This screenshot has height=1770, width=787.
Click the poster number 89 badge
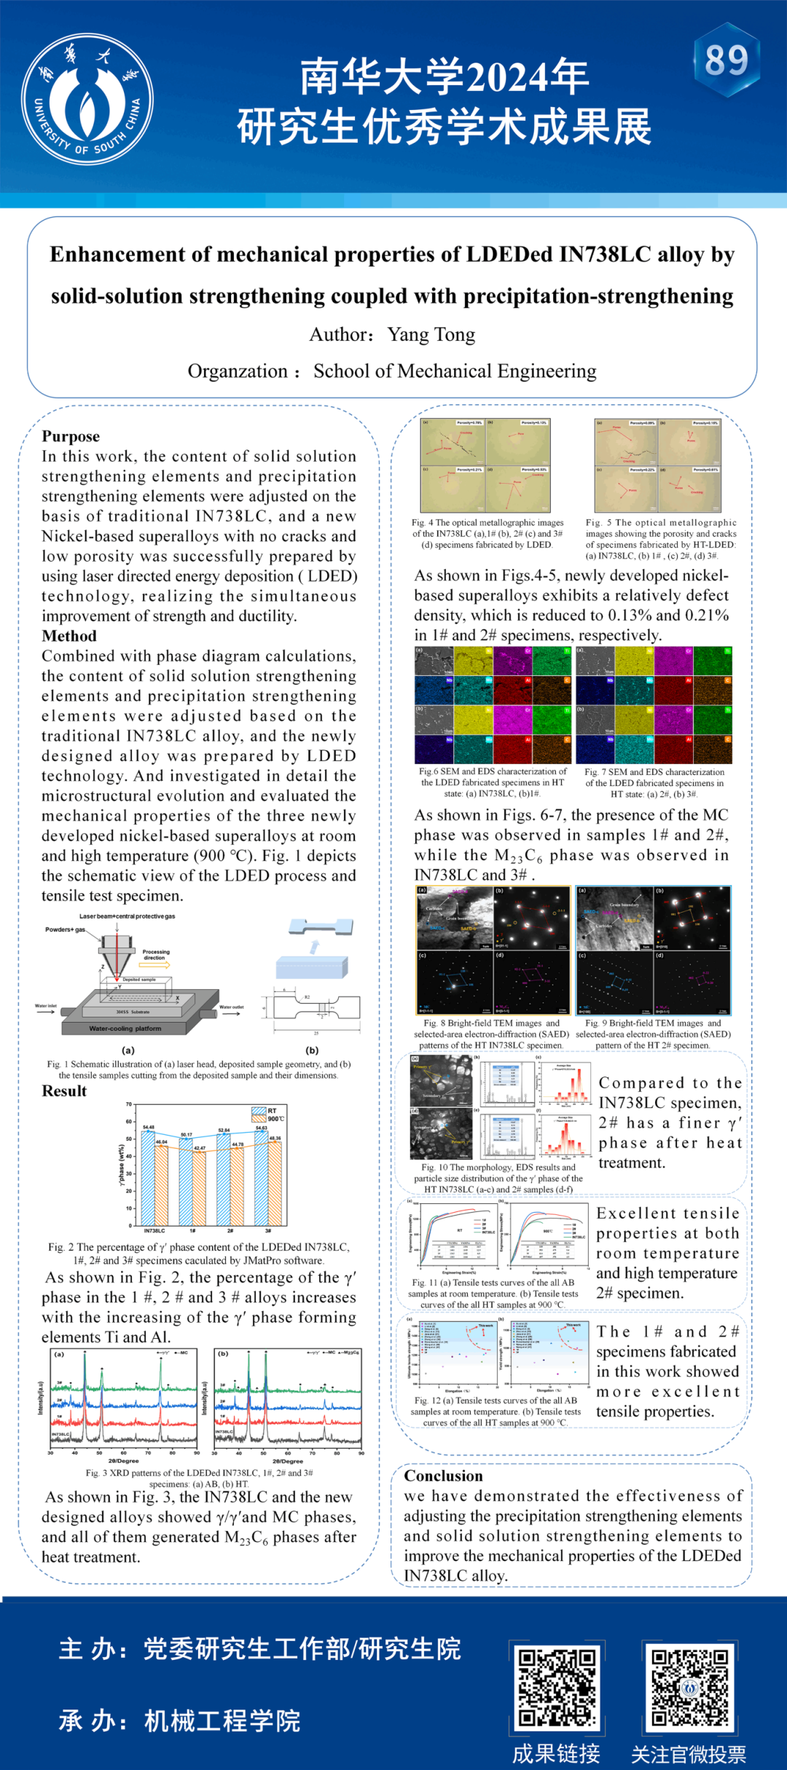coord(727,60)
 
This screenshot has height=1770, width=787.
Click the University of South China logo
coord(87,99)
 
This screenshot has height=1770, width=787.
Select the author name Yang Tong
coord(431,334)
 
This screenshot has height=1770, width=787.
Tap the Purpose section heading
coord(71,436)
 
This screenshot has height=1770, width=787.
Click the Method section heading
coord(68,636)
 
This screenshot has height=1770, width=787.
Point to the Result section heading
coord(64,1090)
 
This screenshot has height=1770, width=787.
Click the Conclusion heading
coord(443,1476)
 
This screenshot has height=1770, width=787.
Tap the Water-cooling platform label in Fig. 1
coord(125,1028)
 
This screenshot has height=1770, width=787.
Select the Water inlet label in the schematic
coord(46,1006)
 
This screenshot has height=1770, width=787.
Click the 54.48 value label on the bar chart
coord(149,1127)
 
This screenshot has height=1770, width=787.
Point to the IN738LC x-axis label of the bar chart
coord(154,1230)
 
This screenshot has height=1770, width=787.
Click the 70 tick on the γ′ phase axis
coord(129,1104)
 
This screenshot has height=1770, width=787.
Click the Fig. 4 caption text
coord(487,533)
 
